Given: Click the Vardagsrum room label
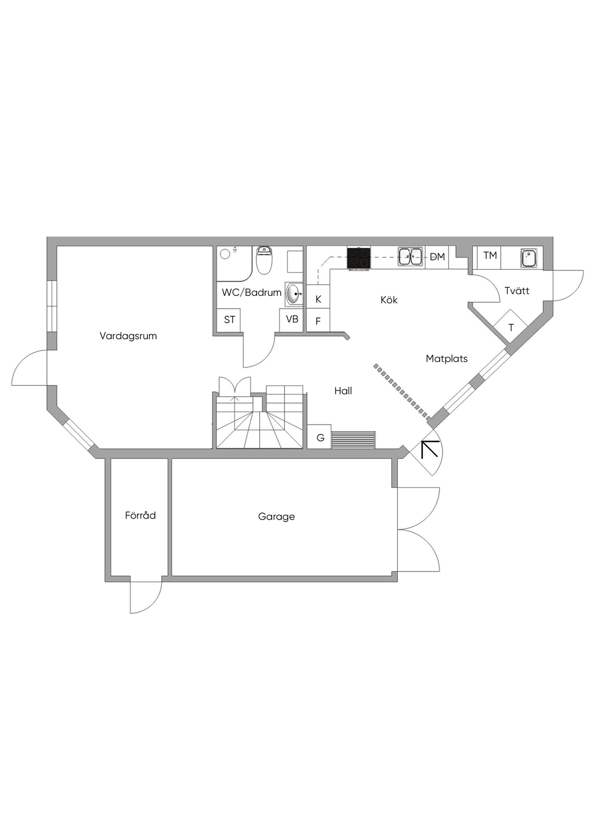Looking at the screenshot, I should click(128, 336).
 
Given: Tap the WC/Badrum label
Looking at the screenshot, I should click(251, 292).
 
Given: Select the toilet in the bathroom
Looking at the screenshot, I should click(264, 261).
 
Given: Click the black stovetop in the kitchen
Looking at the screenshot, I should click(358, 258).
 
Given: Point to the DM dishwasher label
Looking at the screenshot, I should click(437, 256).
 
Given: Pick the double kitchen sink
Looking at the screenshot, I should click(410, 256).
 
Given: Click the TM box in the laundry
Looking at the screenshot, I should click(490, 256).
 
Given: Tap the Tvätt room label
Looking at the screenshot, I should click(517, 291).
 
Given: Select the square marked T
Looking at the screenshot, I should click(510, 328).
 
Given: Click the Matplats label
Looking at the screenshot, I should click(447, 359).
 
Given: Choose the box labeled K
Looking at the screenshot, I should click(318, 299).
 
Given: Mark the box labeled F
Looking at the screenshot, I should click(318, 321).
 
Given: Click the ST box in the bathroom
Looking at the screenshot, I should click(229, 320).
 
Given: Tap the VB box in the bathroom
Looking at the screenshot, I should click(292, 320).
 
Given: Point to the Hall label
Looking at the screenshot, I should click(343, 391).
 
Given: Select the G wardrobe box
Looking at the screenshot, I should click(320, 438).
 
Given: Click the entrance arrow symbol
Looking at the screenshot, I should click(429, 449).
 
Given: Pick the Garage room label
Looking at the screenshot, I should click(276, 516).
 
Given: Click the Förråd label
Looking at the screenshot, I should click(140, 515).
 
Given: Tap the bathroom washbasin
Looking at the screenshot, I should click(294, 294).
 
